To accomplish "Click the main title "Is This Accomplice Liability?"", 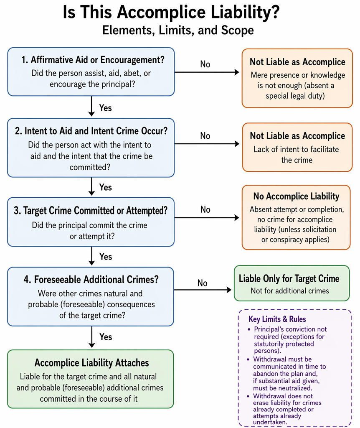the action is pos(171,12).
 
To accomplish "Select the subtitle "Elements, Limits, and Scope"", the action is pos(178,30).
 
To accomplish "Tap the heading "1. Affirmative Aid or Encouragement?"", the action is pos(93,60).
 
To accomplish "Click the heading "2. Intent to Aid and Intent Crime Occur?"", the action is pos(91,131).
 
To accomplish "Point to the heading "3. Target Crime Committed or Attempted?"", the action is pos(91,211).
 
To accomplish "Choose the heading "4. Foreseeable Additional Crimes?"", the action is pos(91,280).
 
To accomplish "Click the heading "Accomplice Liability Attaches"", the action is pos(91,363).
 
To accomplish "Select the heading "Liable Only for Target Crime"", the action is pos(289,279).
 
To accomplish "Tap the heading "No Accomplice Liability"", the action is pos(296,196).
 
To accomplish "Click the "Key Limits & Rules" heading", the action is pos(277,319).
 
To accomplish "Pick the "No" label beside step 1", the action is pos(205,64).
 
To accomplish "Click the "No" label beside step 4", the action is pos(203,283).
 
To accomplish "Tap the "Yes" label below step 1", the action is pos(106,108).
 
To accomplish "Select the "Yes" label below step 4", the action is pos(106,337).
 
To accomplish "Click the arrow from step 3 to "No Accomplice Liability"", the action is pos(206,217).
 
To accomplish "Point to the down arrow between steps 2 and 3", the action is pos(91,186).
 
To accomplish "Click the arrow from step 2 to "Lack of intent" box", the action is pos(207,144).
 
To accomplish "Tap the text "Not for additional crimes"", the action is pos(290,291).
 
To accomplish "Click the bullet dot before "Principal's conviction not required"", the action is pos(249,329).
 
